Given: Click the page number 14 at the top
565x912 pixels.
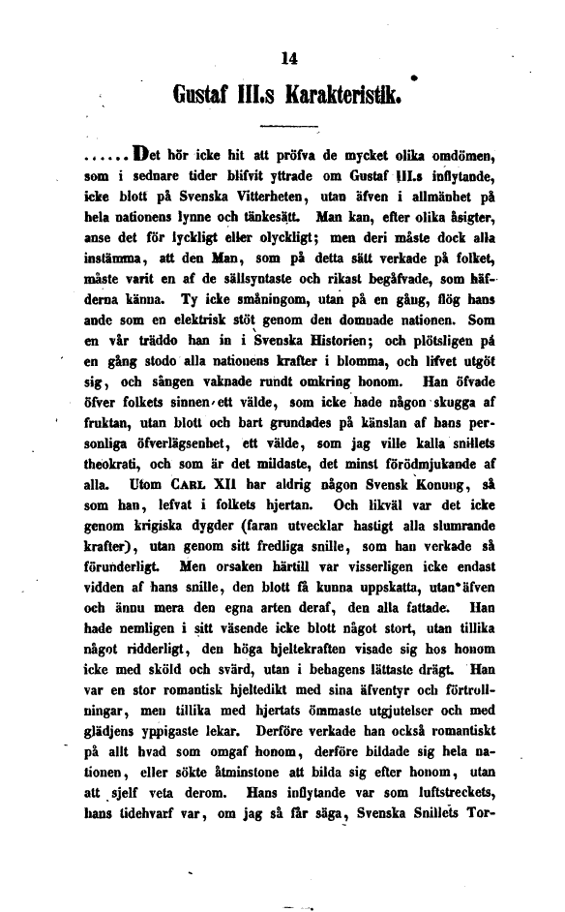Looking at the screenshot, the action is [x=286, y=58].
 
